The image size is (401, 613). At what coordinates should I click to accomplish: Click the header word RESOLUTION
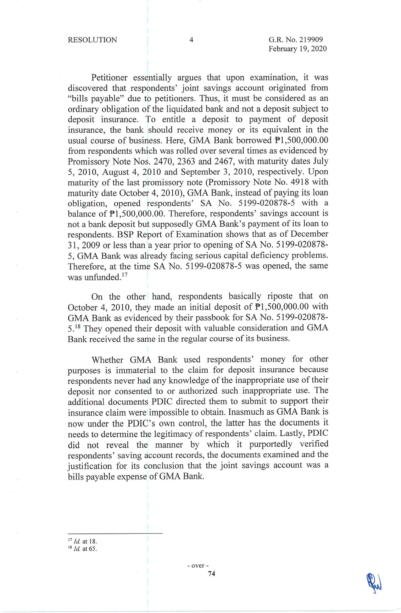coord(92,40)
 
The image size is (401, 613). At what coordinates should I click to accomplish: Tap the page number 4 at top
coord(191,40)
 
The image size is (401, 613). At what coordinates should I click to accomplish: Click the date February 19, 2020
coord(298,49)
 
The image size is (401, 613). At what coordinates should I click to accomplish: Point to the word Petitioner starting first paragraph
coord(109,77)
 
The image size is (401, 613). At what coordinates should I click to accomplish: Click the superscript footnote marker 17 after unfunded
coord(125,275)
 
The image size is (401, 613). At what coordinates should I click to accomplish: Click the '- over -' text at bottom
coord(198,566)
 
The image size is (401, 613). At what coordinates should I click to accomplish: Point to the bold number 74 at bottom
coord(212,574)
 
